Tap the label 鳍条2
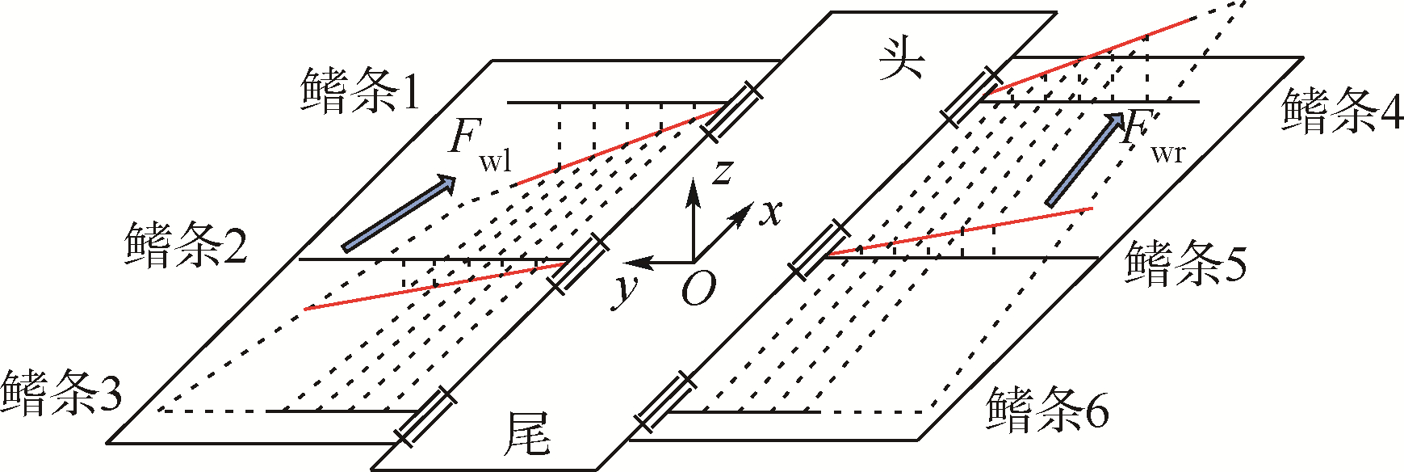click(x=186, y=245)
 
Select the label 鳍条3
click(x=62, y=394)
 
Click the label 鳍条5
click(x=1185, y=263)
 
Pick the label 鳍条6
click(x=1047, y=409)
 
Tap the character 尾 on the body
click(x=526, y=434)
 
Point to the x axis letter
click(x=772, y=212)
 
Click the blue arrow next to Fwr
click(x=1084, y=159)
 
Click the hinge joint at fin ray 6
click(x=664, y=402)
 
